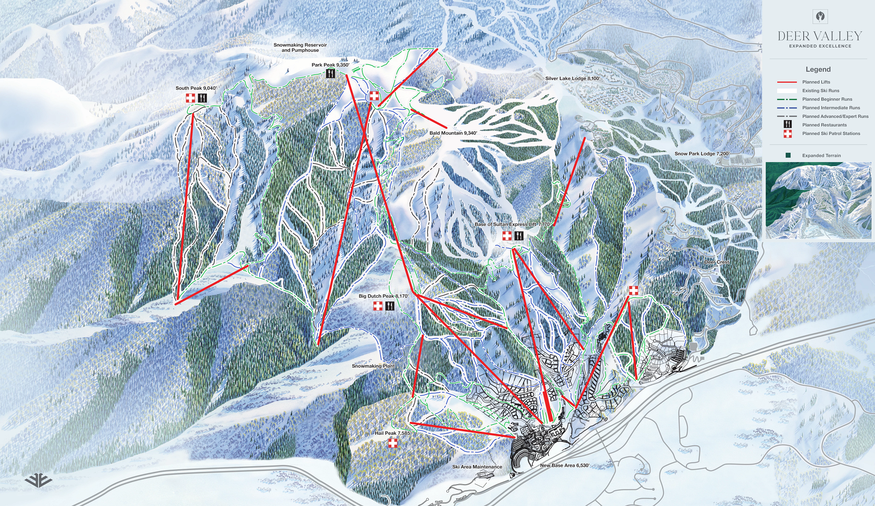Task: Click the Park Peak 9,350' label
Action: tap(330, 65)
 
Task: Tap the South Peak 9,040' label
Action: tap(196, 88)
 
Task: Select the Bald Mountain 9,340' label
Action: tap(453, 133)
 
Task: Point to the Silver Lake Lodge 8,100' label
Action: tap(573, 79)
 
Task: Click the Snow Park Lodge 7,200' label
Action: tap(702, 154)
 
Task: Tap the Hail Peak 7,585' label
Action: tap(393, 433)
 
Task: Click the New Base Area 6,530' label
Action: tap(564, 465)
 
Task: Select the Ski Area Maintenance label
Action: tap(477, 467)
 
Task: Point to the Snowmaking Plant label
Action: tap(373, 366)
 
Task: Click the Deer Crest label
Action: tap(716, 262)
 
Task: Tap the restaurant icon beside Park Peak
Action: tap(330, 74)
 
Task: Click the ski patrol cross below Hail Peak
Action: tap(393, 443)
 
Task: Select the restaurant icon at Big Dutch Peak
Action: tap(390, 306)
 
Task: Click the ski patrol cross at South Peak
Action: tap(191, 98)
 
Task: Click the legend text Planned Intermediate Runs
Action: tap(831, 108)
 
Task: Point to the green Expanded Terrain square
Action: tap(788, 155)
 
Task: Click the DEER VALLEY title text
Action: tap(819, 36)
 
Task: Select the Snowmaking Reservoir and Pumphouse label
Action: tap(300, 47)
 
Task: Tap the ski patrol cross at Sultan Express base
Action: tap(507, 236)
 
